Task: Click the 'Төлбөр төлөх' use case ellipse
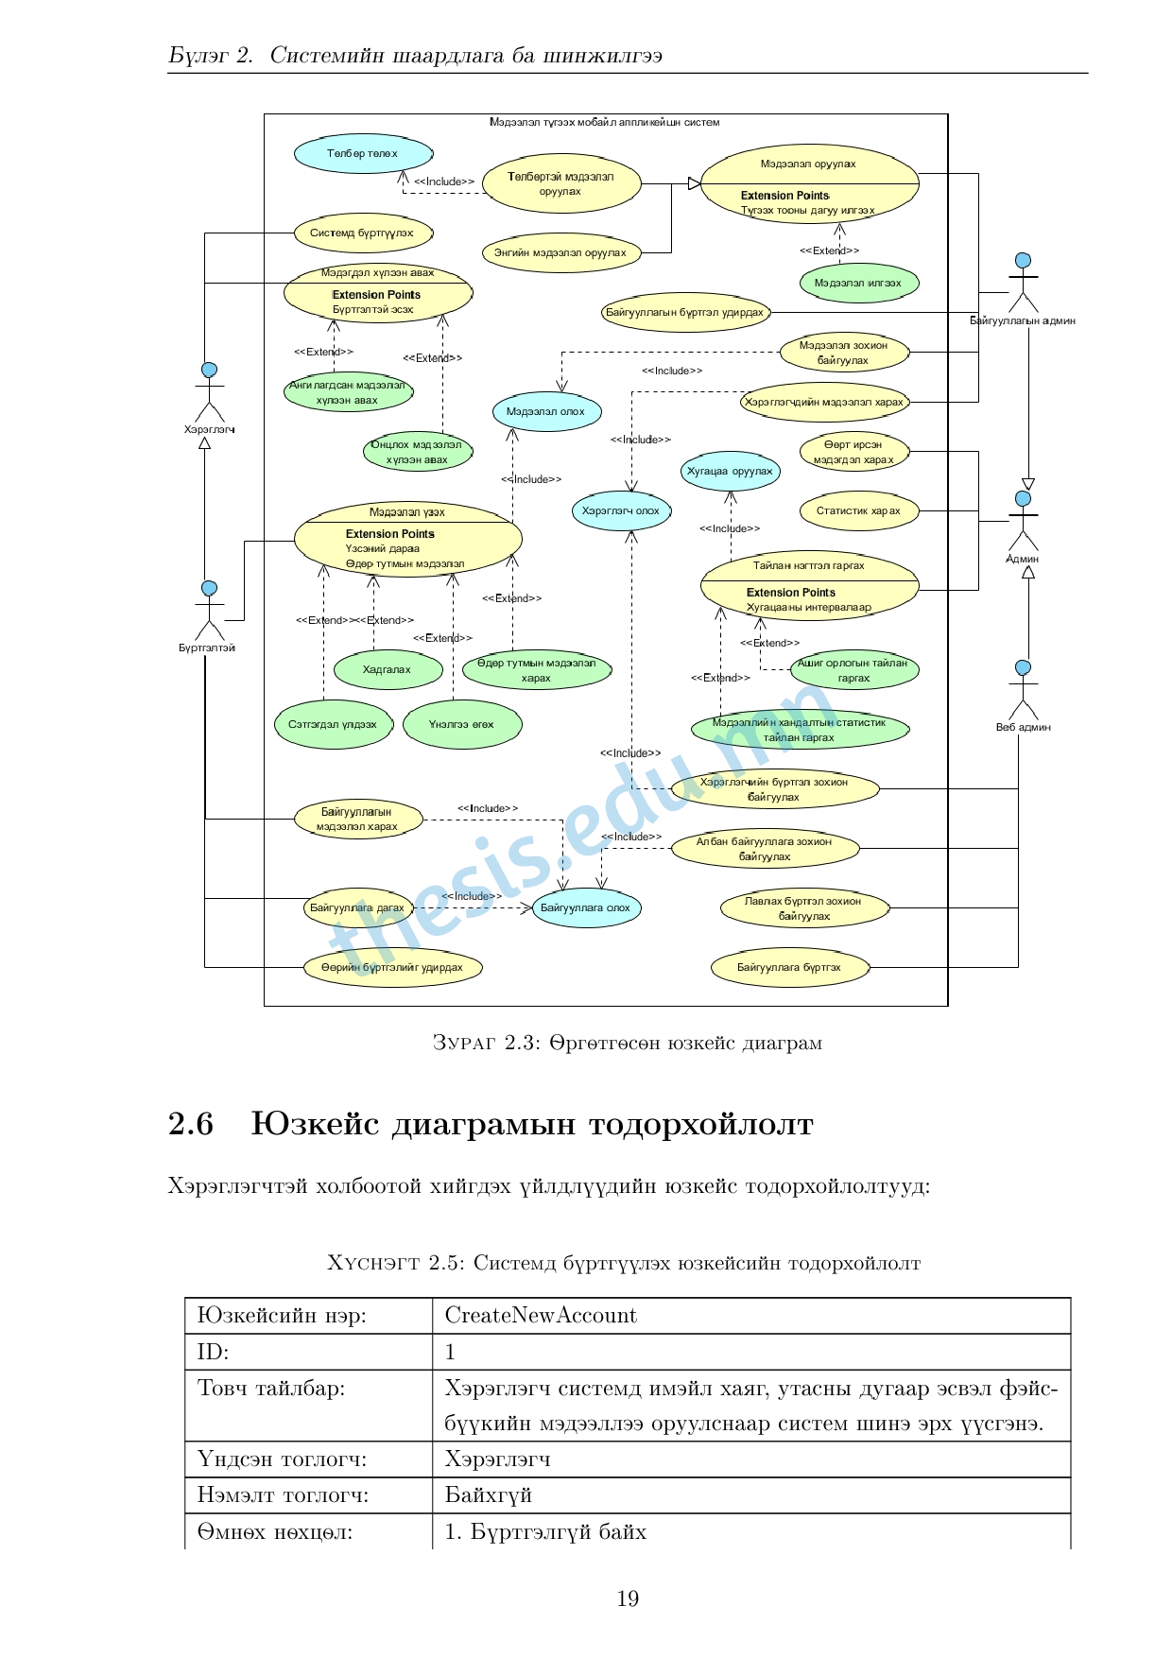(x=363, y=154)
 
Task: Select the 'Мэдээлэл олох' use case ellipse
(x=546, y=412)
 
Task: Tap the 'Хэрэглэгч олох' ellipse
(x=621, y=511)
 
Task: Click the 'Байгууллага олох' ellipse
(x=586, y=908)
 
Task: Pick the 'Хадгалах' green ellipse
(x=388, y=670)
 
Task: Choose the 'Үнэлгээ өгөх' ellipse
(x=461, y=725)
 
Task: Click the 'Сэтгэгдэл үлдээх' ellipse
(x=333, y=725)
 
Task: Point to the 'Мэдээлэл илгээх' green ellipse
(x=858, y=284)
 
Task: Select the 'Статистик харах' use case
(x=858, y=511)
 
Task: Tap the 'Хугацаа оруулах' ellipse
(x=731, y=472)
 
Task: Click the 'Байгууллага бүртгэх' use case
(x=789, y=968)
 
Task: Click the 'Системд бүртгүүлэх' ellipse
(x=362, y=233)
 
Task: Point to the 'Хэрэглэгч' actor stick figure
(x=209, y=391)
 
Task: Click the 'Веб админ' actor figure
(x=1023, y=689)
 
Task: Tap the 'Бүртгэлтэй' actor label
(x=207, y=648)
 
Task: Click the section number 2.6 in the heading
(x=191, y=1124)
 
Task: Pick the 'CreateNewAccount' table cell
(x=541, y=1316)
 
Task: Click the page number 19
(x=628, y=1598)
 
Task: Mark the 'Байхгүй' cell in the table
(x=489, y=1495)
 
